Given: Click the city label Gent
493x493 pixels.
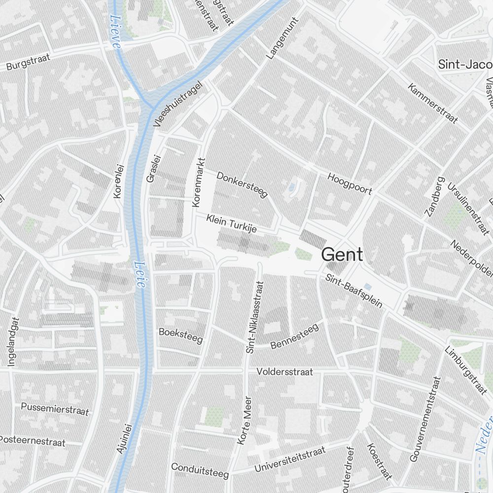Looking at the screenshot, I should (x=342, y=255).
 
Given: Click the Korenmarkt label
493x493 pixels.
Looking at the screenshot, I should (x=199, y=181).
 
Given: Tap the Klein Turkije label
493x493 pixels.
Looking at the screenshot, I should (x=232, y=223).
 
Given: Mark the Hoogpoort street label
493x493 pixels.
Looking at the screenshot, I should (x=350, y=183).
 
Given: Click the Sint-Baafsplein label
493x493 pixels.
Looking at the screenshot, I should (x=354, y=291).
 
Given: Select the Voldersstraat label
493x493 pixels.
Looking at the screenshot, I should (x=284, y=372).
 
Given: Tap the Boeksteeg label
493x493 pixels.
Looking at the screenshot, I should (x=180, y=335).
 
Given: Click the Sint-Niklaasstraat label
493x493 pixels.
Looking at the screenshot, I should (x=255, y=317).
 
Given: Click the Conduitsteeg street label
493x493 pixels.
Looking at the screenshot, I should (x=200, y=470).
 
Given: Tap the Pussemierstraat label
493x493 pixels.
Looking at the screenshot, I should (x=55, y=408).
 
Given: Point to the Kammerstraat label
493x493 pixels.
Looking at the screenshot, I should (x=433, y=103).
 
